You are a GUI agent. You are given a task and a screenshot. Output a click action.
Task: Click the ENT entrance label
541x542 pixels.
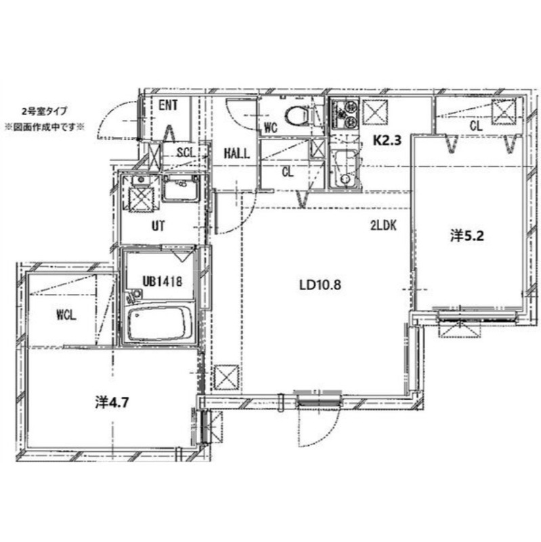tap(168, 106)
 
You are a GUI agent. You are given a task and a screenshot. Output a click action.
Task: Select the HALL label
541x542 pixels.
tap(236, 153)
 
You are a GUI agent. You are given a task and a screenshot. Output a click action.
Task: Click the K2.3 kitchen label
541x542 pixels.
tap(387, 140)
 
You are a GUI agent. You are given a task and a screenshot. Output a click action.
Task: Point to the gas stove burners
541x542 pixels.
tap(345, 113)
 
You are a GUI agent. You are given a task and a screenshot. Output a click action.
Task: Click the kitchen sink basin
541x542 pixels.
tap(344, 169)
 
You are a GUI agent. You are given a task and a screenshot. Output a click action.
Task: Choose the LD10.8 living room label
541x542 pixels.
tap(320, 285)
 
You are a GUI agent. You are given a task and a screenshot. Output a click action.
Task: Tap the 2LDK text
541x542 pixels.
tap(383, 226)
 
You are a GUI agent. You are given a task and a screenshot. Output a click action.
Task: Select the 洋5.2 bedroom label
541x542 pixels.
tap(467, 236)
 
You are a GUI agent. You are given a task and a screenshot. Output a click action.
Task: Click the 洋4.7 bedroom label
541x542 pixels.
tap(112, 402)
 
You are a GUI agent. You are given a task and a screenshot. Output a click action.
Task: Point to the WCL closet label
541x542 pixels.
tap(66, 315)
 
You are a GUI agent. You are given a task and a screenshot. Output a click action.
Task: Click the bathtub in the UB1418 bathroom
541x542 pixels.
tap(160, 322)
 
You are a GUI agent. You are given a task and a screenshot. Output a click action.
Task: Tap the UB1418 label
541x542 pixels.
tap(162, 281)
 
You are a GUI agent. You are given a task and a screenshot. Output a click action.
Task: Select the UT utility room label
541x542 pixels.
tap(158, 226)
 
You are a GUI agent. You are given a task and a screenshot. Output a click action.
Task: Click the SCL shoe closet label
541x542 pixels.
tap(186, 152)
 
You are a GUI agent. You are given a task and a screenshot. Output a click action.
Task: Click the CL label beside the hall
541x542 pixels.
tap(288, 172)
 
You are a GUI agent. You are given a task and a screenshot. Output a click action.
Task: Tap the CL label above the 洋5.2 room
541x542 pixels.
tap(476, 126)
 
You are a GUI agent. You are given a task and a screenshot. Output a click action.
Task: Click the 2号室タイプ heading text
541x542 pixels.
tap(44, 111)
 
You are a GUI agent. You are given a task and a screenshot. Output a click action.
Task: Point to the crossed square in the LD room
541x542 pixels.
tap(226, 377)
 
